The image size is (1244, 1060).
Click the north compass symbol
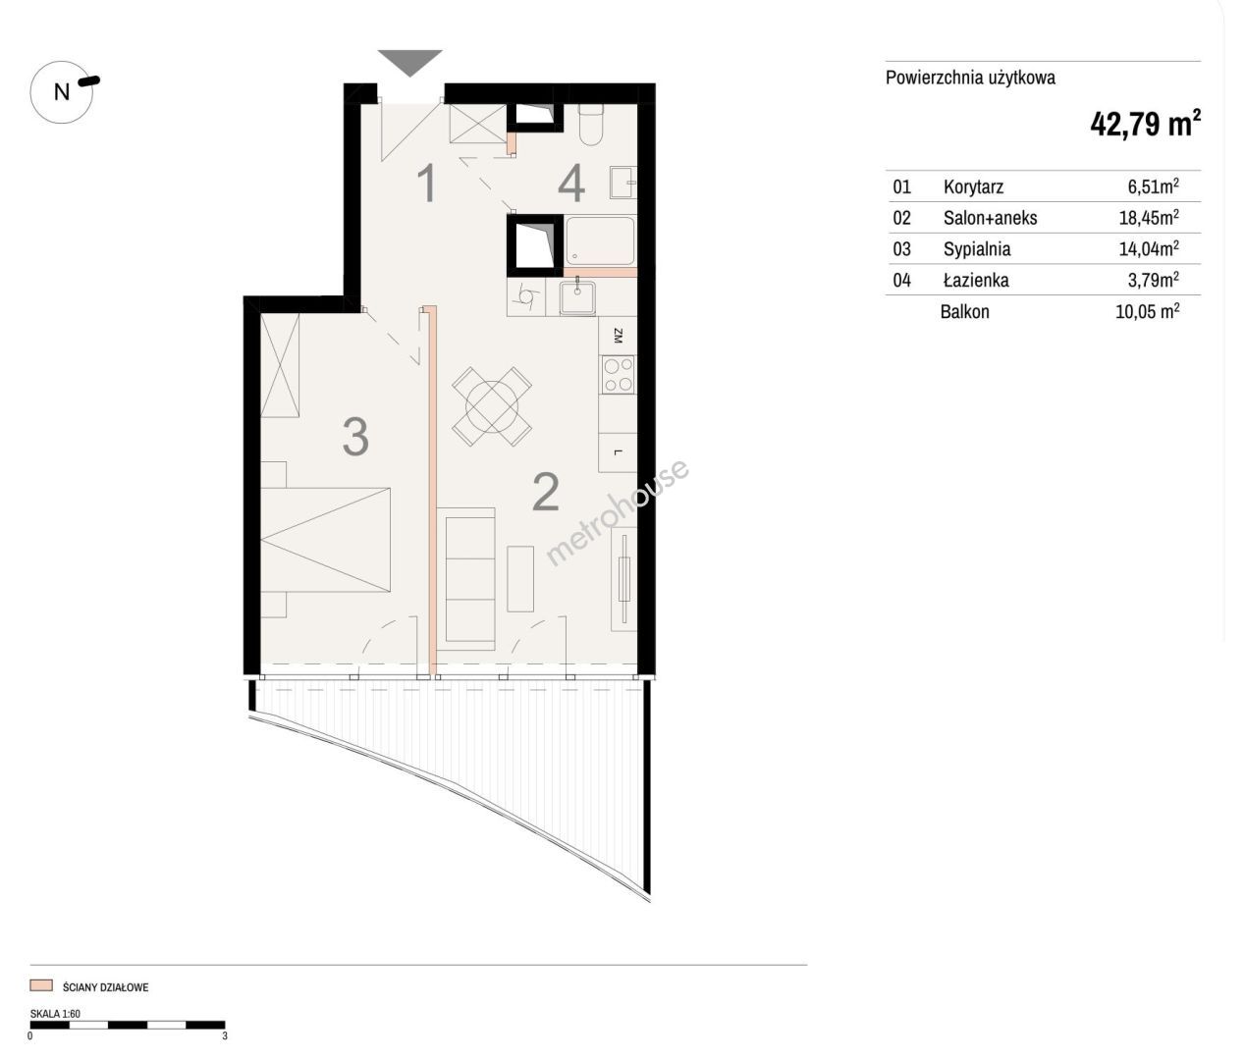pos(63,92)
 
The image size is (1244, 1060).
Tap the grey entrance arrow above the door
pos(409,62)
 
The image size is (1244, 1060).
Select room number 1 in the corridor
pos(427,184)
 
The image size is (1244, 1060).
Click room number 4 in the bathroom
pos(571,184)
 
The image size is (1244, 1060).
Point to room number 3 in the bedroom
pos(355,437)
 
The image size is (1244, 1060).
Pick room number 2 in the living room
pos(546,492)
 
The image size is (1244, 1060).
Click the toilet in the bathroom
pos(590,124)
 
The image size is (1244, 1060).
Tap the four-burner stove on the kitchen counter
pos(619,375)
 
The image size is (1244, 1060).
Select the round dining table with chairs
pos(492,406)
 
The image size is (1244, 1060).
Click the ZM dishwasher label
pos(618,336)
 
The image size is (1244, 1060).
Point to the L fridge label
pos(618,451)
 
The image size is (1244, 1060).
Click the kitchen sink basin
pos(577,298)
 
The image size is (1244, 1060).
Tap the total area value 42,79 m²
pos(1145,124)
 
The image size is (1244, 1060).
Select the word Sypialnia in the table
pos(977,249)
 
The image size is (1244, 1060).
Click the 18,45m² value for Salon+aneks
pos(1149,217)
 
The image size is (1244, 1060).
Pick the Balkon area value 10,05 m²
pos(1147,311)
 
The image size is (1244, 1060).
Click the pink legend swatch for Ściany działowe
pos(41,986)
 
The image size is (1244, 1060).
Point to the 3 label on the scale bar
pos(225,1035)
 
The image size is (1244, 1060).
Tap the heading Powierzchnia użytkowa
pos(970,79)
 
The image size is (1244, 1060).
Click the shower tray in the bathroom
pos(600,240)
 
